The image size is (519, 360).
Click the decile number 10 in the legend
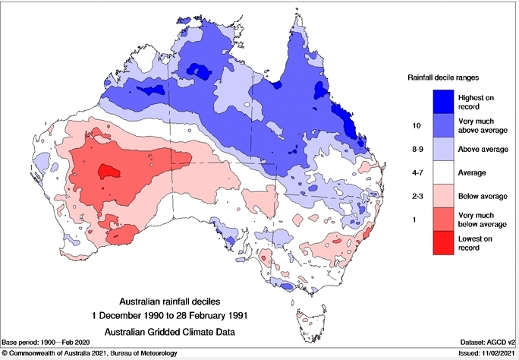tap(416, 125)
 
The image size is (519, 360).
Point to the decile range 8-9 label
tap(416, 149)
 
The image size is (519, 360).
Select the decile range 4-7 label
tap(416, 173)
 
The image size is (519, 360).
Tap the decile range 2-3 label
tap(416, 197)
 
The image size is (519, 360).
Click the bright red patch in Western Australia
tap(105, 172)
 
